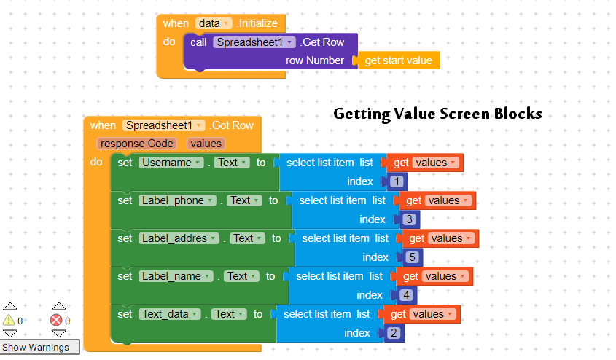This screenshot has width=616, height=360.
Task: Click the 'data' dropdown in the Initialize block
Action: pyautogui.click(x=214, y=23)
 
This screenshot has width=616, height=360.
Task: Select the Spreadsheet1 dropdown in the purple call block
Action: pyautogui.click(x=254, y=42)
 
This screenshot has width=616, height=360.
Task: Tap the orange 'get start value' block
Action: pyautogui.click(x=397, y=60)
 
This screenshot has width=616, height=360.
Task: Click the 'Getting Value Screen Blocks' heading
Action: pyautogui.click(x=437, y=114)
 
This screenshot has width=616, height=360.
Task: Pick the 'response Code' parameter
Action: pyautogui.click(x=137, y=144)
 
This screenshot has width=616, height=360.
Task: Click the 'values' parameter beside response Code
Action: pyautogui.click(x=206, y=144)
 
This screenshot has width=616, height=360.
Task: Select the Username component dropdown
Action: pyautogui.click(x=171, y=163)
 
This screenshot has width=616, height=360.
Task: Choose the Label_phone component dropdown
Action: pyautogui.click(x=177, y=200)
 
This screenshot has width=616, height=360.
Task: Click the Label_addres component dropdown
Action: pyautogui.click(x=179, y=238)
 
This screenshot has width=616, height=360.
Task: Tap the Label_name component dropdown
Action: pyautogui.click(x=176, y=276)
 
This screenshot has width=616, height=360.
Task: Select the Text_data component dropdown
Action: pyautogui.click(x=170, y=314)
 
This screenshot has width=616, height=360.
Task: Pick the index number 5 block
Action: pyautogui.click(x=412, y=258)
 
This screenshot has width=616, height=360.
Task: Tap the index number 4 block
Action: pyautogui.click(x=406, y=296)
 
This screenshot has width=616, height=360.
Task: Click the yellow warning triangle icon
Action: pyautogui.click(x=9, y=320)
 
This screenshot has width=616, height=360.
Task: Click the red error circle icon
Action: pyautogui.click(x=56, y=320)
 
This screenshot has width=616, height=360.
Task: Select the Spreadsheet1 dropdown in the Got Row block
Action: pyautogui.click(x=163, y=125)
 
